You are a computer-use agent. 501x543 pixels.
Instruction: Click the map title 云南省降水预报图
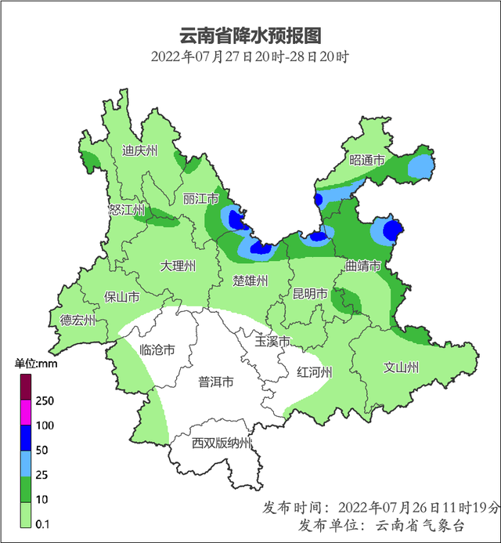pos(250,36)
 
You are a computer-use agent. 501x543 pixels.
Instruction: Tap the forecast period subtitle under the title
pos(250,56)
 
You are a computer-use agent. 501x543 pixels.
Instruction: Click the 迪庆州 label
pos(141,150)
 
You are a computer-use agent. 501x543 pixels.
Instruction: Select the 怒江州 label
pos(127,209)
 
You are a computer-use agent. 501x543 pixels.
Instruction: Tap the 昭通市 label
pos(367,160)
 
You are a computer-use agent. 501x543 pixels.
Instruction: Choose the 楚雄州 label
pos(251,281)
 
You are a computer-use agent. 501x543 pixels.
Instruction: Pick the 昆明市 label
pos(309,294)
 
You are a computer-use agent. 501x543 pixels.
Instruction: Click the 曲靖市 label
pos(363,266)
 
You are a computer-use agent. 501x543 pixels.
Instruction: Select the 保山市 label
pos(122,297)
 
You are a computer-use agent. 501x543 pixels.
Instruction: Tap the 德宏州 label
pos(78,320)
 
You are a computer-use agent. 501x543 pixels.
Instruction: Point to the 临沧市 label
pos(156,350)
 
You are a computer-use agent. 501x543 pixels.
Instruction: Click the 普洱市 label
pos(215,382)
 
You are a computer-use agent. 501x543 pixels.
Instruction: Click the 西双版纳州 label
pos(222,443)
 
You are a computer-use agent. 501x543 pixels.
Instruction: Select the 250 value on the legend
pos(45,401)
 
